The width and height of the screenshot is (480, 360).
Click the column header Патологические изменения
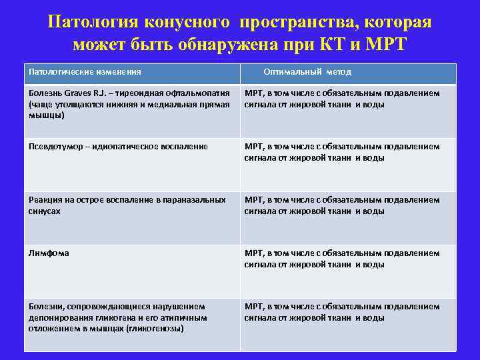(x=84, y=71)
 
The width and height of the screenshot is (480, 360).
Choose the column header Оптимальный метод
(x=307, y=71)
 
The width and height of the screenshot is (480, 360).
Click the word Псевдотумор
(x=55, y=146)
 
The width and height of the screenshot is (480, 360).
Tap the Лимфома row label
(x=48, y=253)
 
